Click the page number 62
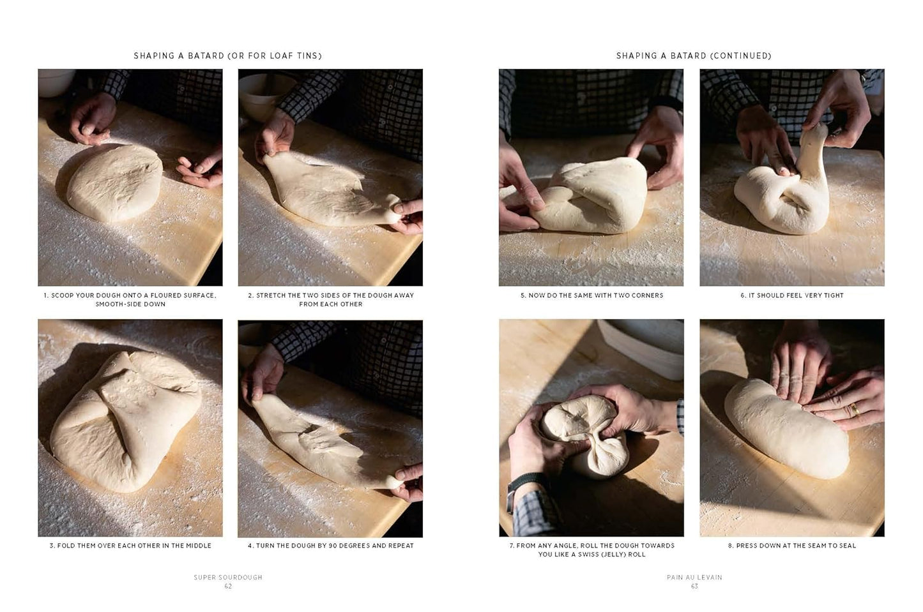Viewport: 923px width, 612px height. pyautogui.click(x=228, y=586)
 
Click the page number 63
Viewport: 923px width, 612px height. pyautogui.click(x=694, y=586)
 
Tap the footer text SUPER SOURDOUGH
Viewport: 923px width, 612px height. pyautogui.click(x=228, y=578)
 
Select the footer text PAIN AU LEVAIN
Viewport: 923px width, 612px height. pyautogui.click(x=694, y=578)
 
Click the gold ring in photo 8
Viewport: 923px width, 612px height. pyautogui.click(x=854, y=409)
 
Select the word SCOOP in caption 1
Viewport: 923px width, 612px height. pyautogui.click(x=63, y=295)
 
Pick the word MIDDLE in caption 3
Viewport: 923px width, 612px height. pyautogui.click(x=196, y=546)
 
